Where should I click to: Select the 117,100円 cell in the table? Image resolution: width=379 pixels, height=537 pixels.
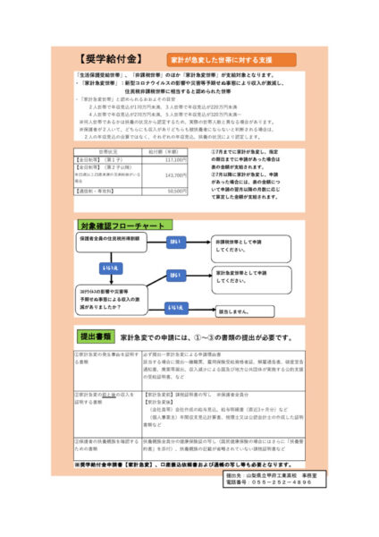point(172,158)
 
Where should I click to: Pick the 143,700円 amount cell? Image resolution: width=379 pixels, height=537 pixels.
point(172,176)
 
